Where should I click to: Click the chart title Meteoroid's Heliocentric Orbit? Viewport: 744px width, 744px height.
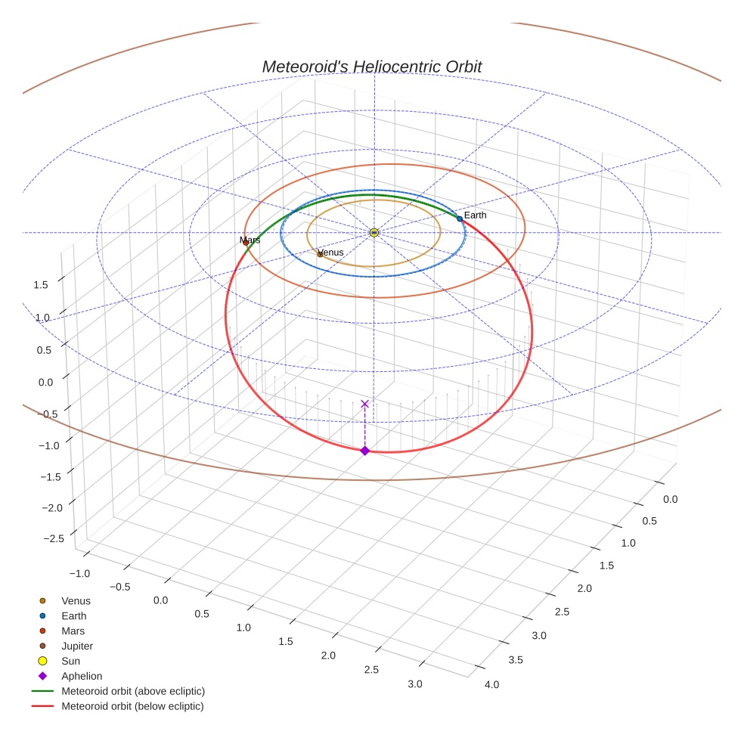371,67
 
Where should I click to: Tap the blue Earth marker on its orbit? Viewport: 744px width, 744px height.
460,219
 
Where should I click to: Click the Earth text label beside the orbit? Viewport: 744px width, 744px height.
476,215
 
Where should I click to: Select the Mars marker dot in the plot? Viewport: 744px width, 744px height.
246,243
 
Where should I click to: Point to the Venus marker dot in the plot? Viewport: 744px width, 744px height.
320,254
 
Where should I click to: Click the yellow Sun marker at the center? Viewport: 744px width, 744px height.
374,232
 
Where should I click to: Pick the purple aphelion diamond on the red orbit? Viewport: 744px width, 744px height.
365,451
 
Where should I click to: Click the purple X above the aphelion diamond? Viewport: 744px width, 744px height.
365,404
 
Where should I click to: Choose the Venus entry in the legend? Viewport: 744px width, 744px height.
76,601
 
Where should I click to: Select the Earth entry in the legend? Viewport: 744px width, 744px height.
74,616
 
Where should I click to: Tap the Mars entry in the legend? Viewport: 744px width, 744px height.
73,631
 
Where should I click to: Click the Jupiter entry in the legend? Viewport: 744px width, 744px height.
77,646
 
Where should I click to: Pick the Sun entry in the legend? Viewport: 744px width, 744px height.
70,662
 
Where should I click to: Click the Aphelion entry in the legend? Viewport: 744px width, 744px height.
82,677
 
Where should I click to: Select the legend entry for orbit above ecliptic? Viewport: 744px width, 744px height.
133,691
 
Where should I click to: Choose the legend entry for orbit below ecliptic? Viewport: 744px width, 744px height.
132,706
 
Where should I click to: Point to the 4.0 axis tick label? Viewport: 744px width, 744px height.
491,685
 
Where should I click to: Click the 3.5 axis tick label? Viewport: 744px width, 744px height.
516,660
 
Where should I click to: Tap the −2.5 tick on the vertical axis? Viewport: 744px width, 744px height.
54,538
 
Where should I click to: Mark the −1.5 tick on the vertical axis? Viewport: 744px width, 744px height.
51,476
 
